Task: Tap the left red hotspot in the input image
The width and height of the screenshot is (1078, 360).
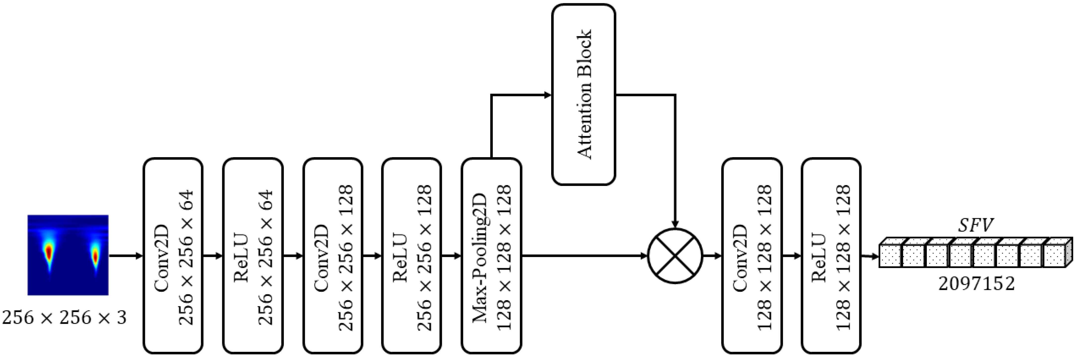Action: pyautogui.click(x=49, y=252)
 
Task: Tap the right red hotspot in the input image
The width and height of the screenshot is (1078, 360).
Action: pyautogui.click(x=95, y=254)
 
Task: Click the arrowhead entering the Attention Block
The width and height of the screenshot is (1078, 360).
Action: pyautogui.click(x=547, y=95)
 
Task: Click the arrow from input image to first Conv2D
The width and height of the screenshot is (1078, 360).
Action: pyautogui.click(x=126, y=256)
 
